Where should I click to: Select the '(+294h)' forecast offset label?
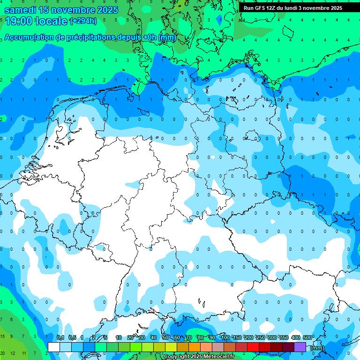83,21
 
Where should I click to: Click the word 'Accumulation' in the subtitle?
30,37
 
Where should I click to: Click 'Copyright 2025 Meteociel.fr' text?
199,357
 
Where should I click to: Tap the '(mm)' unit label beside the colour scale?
317,348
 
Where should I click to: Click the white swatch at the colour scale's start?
54,347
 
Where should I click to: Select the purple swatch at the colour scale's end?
300,347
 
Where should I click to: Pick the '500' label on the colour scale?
307,337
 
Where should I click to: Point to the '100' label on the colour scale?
225,337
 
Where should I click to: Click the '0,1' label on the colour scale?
60,337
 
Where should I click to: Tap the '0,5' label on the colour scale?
72,337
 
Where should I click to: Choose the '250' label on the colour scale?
260,337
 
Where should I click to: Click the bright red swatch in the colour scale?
253,347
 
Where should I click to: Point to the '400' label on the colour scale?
295,337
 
